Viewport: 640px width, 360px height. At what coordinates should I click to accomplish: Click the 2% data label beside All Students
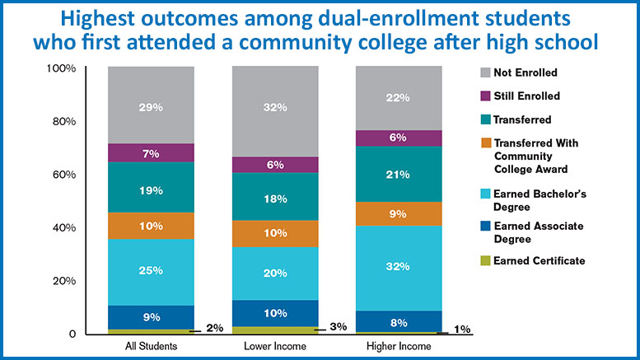coord(213,329)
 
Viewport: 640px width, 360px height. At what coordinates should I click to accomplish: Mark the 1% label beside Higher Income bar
coord(461,330)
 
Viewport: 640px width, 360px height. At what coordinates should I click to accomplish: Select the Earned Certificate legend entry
coord(540,260)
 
